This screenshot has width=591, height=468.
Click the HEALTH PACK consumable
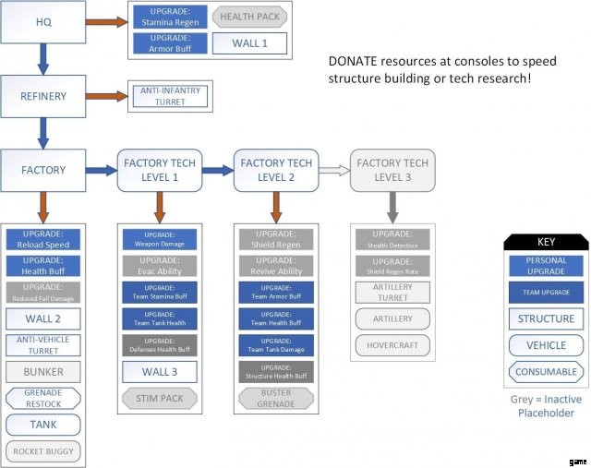pyautogui.click(x=249, y=17)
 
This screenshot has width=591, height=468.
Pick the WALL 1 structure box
pyautogui.click(x=249, y=42)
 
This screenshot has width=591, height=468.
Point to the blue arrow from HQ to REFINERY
pyautogui.click(x=42, y=57)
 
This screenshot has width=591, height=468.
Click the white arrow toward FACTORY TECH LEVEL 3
pyautogui.click(x=328, y=170)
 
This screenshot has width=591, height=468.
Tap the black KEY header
pyautogui.click(x=545, y=242)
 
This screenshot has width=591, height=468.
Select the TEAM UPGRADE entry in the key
pyautogui.click(x=545, y=293)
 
